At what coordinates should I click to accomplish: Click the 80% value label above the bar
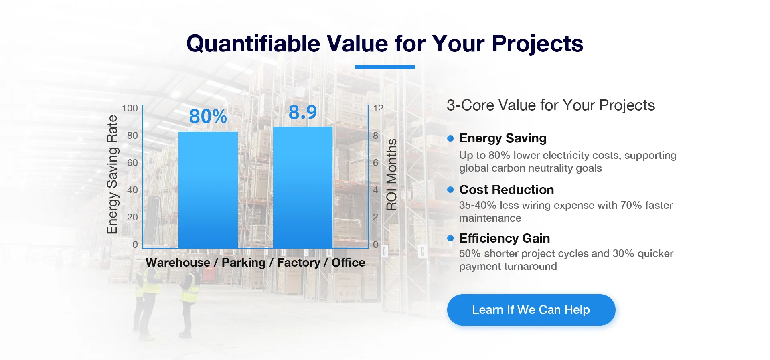click(208, 116)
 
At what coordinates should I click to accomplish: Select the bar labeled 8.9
click(303, 187)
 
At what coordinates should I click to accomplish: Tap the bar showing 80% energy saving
click(208, 190)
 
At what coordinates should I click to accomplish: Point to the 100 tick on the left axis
click(130, 108)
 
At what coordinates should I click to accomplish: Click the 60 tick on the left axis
click(132, 163)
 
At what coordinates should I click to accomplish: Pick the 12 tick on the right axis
click(378, 108)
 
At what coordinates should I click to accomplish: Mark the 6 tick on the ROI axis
click(376, 163)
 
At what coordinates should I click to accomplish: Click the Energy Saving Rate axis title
click(112, 174)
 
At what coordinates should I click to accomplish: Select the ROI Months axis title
click(391, 174)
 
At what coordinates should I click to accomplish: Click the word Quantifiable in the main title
click(253, 43)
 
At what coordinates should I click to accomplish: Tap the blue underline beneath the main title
click(385, 67)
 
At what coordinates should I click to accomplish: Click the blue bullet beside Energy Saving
click(450, 138)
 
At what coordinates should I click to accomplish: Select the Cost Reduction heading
click(507, 190)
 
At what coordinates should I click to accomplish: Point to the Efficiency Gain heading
click(505, 238)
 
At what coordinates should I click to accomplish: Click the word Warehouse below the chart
click(178, 263)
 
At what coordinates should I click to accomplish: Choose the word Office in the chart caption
click(349, 263)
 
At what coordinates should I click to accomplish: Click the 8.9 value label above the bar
click(303, 112)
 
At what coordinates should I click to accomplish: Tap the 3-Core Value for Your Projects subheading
click(551, 105)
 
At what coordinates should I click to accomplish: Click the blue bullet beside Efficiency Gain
click(450, 238)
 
